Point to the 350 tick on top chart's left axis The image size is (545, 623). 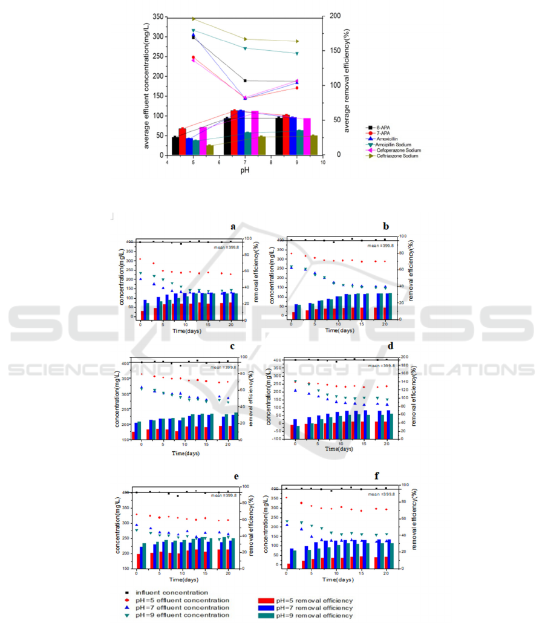(157, 18)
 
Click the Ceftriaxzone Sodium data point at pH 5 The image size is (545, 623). (194, 19)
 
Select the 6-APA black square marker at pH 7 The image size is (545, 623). (245, 80)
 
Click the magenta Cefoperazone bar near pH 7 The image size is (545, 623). (255, 133)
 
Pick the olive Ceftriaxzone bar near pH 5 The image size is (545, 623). (210, 149)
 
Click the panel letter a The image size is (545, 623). (233, 227)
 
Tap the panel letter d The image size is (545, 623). (390, 347)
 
